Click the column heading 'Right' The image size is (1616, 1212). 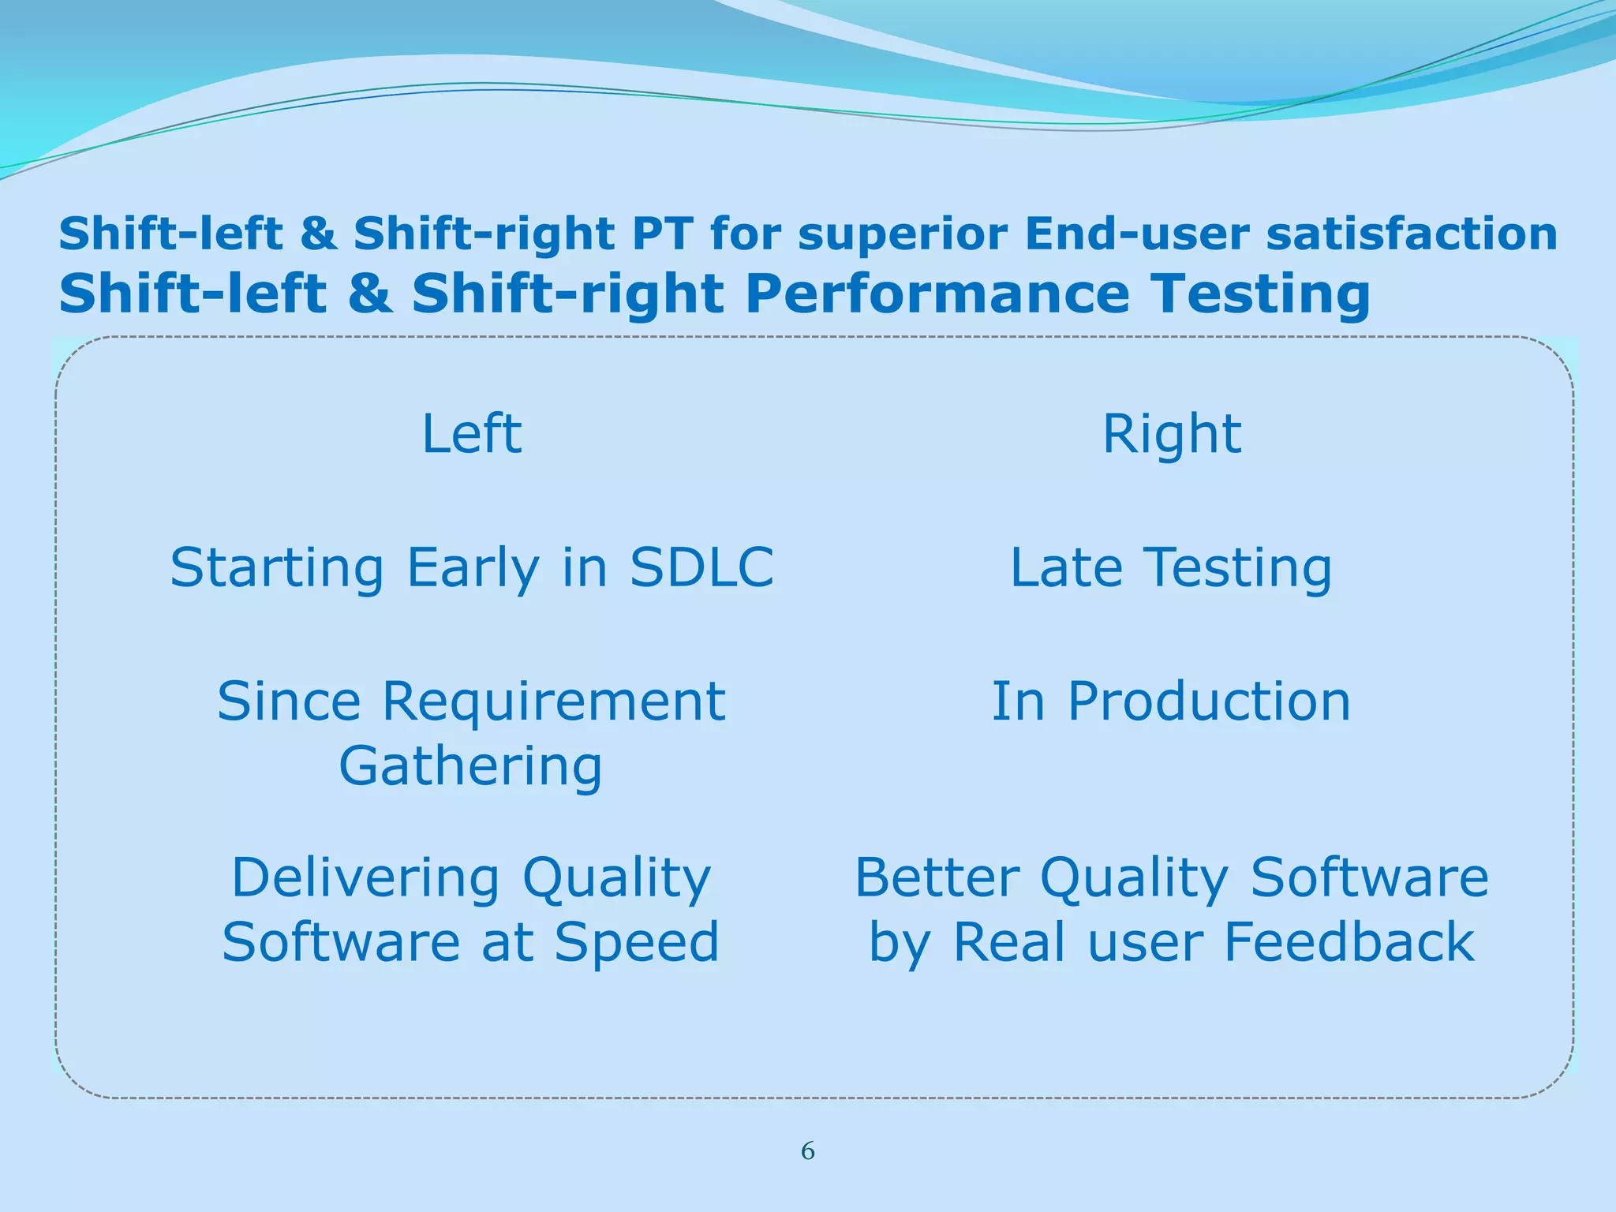(x=1171, y=436)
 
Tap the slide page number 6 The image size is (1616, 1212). (x=808, y=1151)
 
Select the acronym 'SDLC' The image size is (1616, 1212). (x=701, y=567)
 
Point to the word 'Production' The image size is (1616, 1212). (x=1209, y=701)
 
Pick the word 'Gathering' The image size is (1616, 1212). (x=471, y=767)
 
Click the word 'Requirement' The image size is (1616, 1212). (x=553, y=701)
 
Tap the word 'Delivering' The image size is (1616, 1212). (x=365, y=878)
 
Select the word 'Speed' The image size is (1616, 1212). (x=636, y=942)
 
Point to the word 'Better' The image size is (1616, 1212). (x=937, y=878)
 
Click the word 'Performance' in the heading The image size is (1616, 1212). (x=936, y=294)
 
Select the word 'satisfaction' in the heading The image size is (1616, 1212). (x=1412, y=234)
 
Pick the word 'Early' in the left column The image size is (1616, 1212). (x=473, y=569)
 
